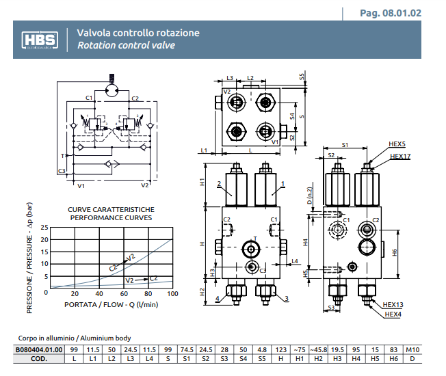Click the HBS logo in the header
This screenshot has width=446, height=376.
pos(41,40)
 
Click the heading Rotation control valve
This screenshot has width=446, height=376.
pos(125,46)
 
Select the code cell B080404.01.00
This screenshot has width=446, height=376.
pos(39,350)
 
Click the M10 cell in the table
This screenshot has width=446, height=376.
pos(412,350)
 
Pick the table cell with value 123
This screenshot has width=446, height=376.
pos(280,350)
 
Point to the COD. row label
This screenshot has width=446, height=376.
pos(39,359)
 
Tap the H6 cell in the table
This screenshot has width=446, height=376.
pos(393,359)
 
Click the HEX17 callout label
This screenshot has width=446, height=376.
pos(400,157)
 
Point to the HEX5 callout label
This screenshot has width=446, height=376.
pos(397,145)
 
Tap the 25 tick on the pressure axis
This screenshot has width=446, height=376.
pos(45,227)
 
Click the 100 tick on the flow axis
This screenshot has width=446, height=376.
pos(172,293)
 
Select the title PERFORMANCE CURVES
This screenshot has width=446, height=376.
pos(111,217)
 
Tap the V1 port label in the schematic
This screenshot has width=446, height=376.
pos(81,185)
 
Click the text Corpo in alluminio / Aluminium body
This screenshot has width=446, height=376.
pos(74,338)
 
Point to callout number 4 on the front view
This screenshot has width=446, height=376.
pos(218,299)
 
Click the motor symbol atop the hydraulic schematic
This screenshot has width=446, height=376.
pos(112,89)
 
